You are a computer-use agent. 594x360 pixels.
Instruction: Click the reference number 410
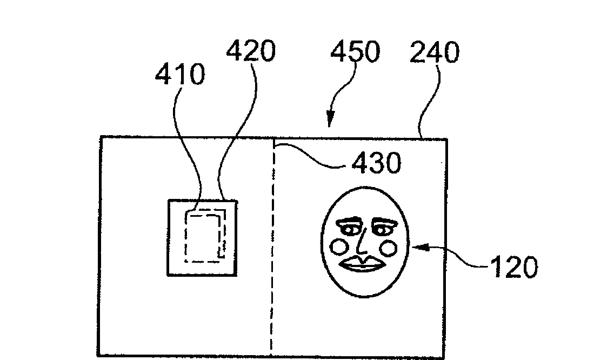tap(180, 74)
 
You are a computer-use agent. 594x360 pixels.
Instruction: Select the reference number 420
tap(251, 51)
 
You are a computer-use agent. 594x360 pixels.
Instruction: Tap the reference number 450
tap(355, 51)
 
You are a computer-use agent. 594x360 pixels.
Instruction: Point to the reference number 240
tap(435, 52)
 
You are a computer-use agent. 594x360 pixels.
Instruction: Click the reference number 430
tap(376, 163)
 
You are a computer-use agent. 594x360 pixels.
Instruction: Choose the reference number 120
tap(513, 267)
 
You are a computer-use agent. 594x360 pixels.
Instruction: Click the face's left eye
tap(349, 229)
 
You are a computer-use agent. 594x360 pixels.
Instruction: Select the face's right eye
tap(382, 229)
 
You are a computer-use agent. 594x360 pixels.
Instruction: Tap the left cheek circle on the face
tap(339, 246)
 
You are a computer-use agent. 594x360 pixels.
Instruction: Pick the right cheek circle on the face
tap(388, 248)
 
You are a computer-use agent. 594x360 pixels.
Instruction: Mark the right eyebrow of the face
tap(384, 221)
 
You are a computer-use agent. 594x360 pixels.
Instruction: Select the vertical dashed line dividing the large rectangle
tap(273, 247)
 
